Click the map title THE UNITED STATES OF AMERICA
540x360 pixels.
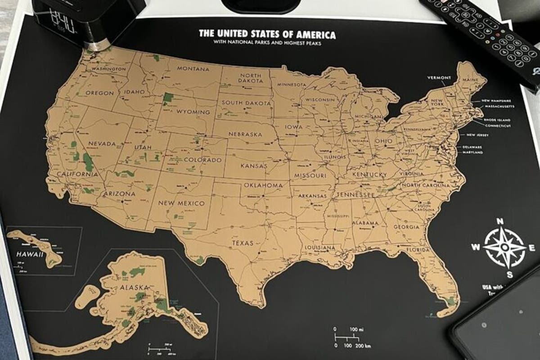pyautogui.click(x=267, y=34)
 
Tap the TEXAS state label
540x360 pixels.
pyautogui.click(x=243, y=243)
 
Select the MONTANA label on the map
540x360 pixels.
pyautogui.click(x=193, y=69)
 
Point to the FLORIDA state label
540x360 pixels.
pyautogui.click(x=418, y=250)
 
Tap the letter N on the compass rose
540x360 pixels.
pyautogui.click(x=499, y=221)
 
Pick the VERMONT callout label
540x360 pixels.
pyautogui.click(x=439, y=78)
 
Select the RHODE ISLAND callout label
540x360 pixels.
pyautogui.click(x=497, y=120)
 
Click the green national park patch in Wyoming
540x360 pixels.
pyautogui.click(x=168, y=98)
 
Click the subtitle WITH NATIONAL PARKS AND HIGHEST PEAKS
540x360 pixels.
pyautogui.click(x=267, y=43)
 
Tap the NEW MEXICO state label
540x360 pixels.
pyautogui.click(x=181, y=203)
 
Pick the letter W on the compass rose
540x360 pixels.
pyautogui.click(x=475, y=247)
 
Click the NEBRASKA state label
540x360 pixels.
pyautogui.click(x=245, y=134)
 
